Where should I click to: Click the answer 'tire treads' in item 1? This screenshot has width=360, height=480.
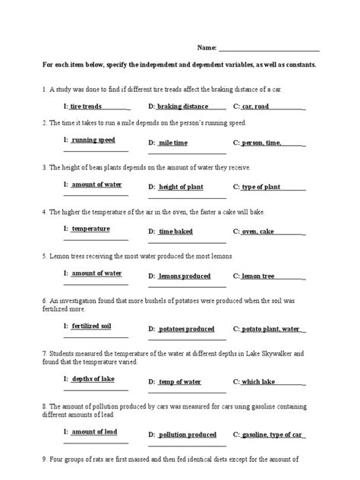pos(85,106)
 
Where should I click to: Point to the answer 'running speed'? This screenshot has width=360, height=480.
pos(93,141)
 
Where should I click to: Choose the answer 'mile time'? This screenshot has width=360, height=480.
pos(174,143)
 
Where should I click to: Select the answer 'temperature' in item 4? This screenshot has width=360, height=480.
pos(90,229)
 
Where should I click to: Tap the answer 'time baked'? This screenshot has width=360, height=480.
pos(175,231)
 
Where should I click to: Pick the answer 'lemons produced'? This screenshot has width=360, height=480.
pos(185,276)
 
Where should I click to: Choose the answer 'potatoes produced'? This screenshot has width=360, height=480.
pos(186,329)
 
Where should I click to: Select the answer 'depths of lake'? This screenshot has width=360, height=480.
pos(93,378)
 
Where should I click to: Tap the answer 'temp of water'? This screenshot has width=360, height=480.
pos(180,381)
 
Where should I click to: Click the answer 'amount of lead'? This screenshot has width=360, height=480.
pos(94,431)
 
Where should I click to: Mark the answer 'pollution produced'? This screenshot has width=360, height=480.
pos(188,434)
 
